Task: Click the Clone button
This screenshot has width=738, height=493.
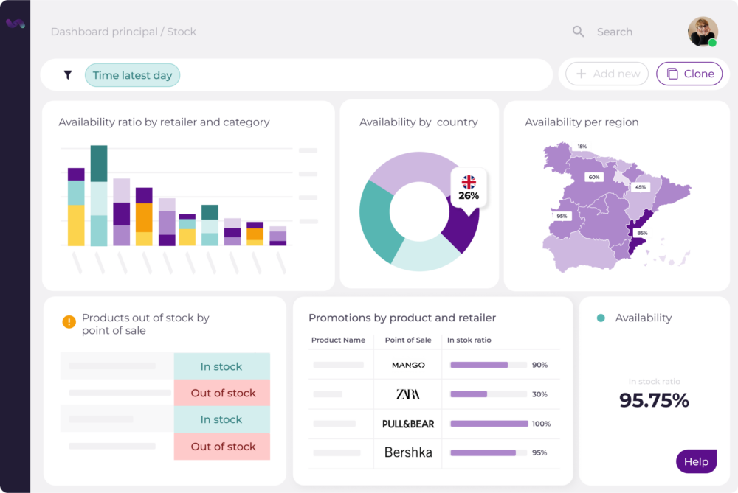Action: coord(689,74)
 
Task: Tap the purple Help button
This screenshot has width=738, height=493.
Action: coord(696,462)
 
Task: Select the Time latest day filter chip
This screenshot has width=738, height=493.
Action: coord(132,75)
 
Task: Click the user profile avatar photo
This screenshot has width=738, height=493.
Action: coord(703,32)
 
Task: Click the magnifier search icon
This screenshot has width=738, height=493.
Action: coord(579,32)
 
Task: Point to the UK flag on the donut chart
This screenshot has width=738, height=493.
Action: coord(469,181)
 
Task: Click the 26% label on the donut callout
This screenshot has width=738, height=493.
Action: coord(469,196)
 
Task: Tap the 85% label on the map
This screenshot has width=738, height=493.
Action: coord(642,234)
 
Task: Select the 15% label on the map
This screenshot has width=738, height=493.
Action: coord(582,147)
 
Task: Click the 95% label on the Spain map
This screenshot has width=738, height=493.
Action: coord(562,217)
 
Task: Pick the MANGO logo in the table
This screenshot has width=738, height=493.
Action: coord(408,365)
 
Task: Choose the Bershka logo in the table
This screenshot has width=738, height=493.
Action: coord(408,452)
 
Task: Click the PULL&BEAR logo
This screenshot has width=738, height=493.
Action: coord(408,424)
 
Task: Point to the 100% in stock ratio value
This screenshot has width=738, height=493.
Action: coord(541,424)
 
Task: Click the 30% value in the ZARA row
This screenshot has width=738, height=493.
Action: coord(539,394)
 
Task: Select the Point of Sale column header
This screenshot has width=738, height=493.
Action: coord(408,340)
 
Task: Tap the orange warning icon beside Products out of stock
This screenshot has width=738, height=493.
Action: coord(69,321)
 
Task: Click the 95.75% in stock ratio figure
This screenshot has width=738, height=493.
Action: coord(654,400)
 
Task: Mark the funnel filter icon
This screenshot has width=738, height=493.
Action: coord(68,75)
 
